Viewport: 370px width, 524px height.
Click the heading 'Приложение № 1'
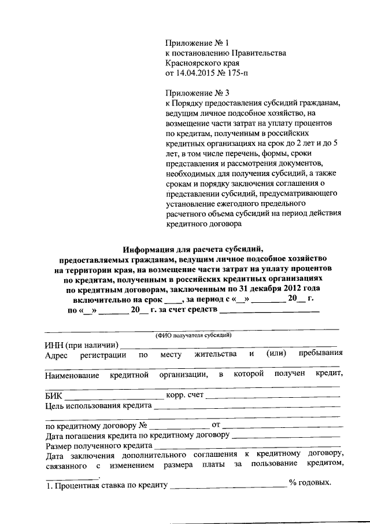(197, 42)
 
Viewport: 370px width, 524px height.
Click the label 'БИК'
(53, 396)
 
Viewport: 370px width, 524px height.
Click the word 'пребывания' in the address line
(320, 354)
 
